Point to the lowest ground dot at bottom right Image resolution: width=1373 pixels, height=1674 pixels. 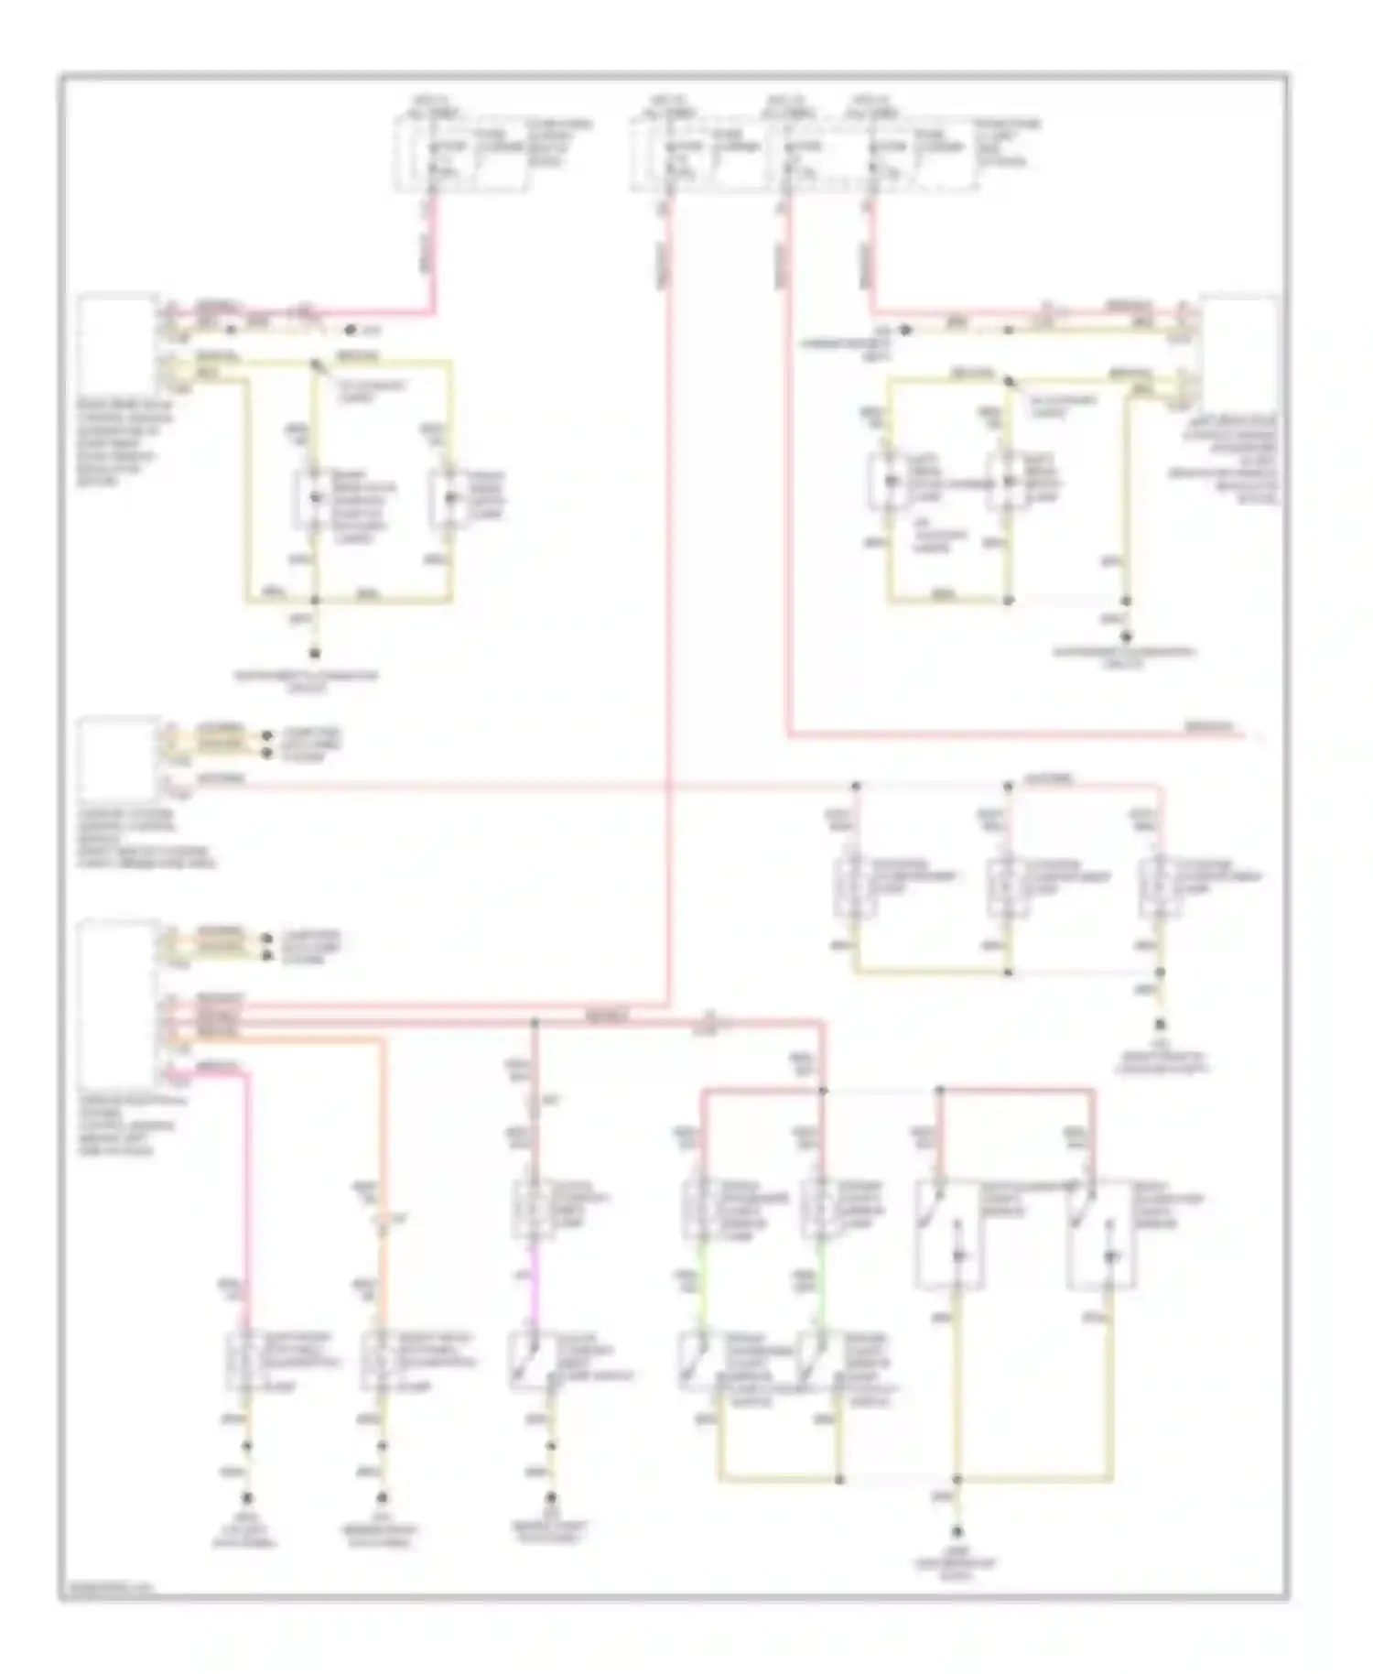click(957, 1530)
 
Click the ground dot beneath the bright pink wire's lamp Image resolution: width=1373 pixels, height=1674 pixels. click(246, 1498)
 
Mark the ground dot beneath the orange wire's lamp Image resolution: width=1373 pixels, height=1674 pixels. click(383, 1498)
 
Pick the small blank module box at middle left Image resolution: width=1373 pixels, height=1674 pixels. click(117, 758)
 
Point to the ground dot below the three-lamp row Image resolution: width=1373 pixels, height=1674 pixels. click(1160, 1025)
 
